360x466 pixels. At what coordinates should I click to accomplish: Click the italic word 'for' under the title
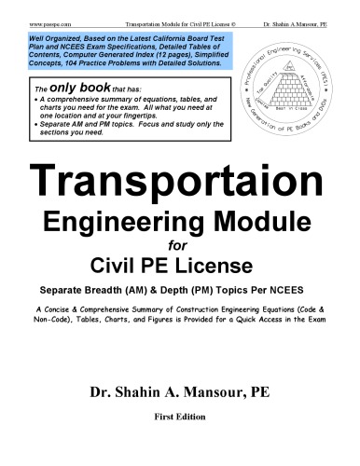179,246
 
